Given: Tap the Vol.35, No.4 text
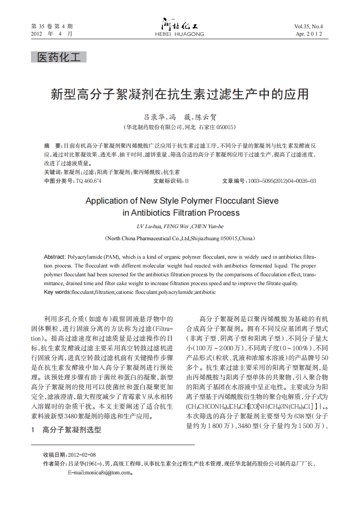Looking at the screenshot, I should tap(309, 26).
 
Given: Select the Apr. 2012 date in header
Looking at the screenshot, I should tap(309, 34).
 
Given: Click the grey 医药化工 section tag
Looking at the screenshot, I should tap(59, 57).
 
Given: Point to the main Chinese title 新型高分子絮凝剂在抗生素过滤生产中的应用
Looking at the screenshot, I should tap(180, 95).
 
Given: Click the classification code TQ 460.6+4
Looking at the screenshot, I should tap(88, 181).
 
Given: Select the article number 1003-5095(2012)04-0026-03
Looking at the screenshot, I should tap(282, 181).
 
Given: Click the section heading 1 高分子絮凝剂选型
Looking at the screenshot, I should tap(66, 430).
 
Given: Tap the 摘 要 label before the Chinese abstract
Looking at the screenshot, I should tap(53, 145).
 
